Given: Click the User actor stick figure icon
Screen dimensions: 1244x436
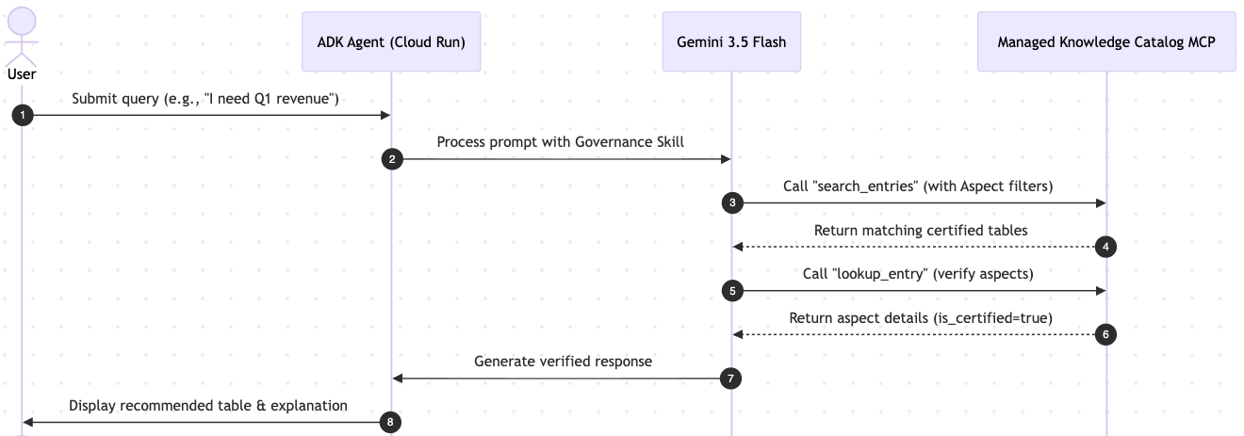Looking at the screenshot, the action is (22, 37).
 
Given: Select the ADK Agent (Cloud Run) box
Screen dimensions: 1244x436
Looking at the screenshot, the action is (391, 41).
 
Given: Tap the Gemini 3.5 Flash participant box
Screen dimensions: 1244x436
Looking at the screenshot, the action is (731, 41).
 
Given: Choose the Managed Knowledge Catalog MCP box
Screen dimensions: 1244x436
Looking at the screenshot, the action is (1106, 41).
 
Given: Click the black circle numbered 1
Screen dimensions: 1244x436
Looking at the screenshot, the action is (23, 116).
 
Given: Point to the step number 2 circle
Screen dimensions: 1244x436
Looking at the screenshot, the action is (392, 159).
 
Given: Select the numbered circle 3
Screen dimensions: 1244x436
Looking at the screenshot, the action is (732, 203).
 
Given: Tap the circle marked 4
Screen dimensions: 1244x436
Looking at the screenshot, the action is (1105, 247).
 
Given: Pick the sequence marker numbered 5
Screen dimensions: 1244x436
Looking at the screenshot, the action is (732, 291).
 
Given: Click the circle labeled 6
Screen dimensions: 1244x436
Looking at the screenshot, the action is (1105, 334).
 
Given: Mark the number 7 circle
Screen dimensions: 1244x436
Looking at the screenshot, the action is (730, 379).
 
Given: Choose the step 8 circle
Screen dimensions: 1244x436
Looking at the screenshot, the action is (390, 422).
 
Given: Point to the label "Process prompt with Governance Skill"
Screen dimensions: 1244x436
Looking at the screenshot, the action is (561, 142).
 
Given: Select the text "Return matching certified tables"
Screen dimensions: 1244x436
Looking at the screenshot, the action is (921, 230).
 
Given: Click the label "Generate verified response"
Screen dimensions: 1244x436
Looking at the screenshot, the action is (564, 362).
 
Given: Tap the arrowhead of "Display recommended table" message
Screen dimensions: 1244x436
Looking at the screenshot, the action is (27, 422).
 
